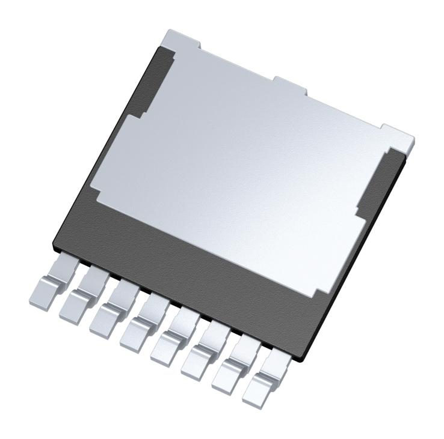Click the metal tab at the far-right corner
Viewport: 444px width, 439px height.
(398, 136)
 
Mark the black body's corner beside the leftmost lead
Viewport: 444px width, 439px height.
(56, 245)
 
